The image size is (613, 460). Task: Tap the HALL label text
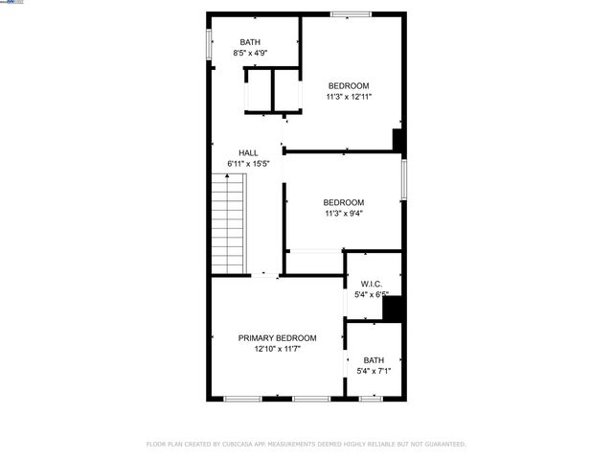(248, 152)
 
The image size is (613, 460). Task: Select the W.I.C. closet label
(372, 284)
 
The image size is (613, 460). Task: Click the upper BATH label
(250, 41)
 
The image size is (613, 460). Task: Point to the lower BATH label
(373, 360)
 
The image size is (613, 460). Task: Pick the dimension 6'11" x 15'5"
(248, 164)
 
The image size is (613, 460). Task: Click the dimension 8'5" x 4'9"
(250, 53)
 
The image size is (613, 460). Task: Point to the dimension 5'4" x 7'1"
(373, 372)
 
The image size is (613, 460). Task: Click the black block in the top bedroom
(399, 140)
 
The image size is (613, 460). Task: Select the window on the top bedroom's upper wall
(351, 13)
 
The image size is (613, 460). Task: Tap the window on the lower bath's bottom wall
(371, 398)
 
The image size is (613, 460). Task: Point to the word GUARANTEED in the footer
(442, 445)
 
